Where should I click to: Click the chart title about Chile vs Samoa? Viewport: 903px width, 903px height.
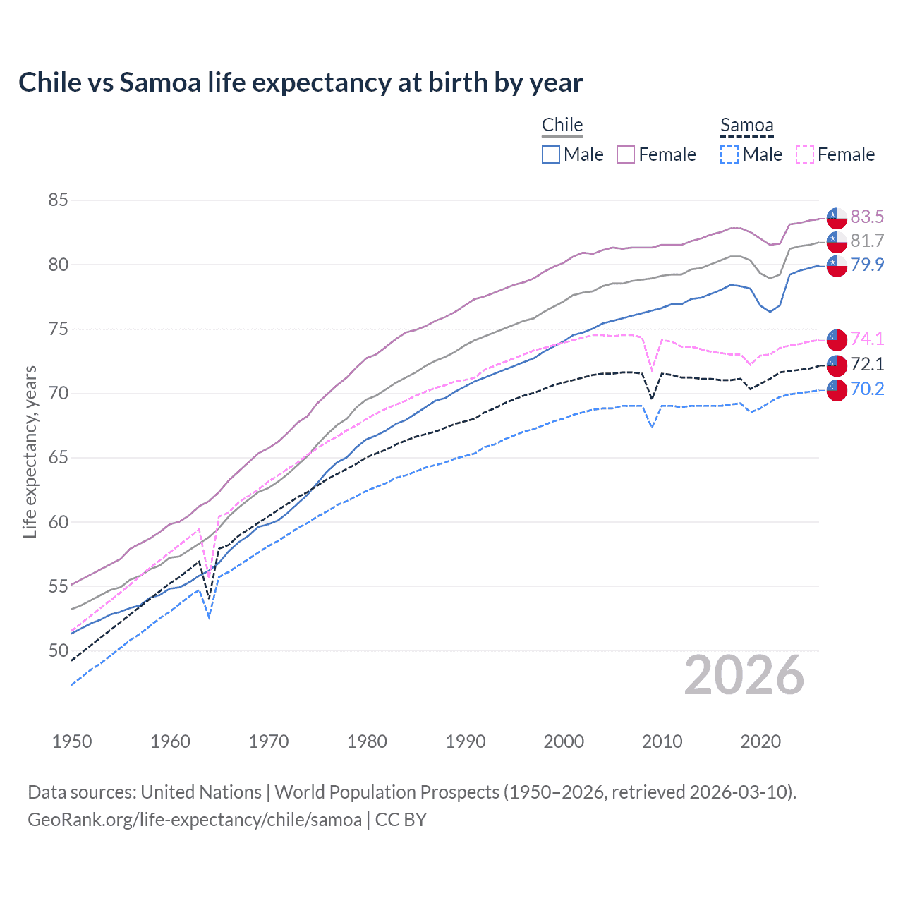[301, 83]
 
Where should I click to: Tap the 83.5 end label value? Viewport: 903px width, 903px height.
[867, 217]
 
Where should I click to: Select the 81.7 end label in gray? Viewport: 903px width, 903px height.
[867, 241]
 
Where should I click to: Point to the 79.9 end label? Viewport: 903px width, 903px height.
[867, 265]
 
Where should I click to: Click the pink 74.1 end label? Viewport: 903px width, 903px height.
[867, 339]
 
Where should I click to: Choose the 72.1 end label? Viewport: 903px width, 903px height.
[867, 364]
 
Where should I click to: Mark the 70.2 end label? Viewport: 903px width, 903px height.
[867, 389]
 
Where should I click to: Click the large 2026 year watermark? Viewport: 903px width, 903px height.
[744, 675]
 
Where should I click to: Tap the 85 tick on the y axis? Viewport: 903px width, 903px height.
[58, 200]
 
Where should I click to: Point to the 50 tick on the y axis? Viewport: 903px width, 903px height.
[58, 650]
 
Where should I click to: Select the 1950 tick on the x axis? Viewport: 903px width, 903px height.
[72, 741]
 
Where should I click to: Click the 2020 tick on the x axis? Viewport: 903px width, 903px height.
[760, 741]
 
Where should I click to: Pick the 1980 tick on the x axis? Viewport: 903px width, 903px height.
[367, 741]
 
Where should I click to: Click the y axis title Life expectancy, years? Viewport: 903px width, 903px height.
[30, 451]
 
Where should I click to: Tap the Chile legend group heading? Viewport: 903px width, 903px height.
[562, 125]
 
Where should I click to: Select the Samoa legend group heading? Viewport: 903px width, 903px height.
[746, 125]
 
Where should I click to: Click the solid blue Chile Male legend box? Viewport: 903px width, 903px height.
[551, 154]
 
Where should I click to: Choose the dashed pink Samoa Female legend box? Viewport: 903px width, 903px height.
[805, 154]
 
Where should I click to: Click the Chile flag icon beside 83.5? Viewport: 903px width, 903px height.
[837, 217]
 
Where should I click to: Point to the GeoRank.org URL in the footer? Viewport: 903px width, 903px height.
[195, 820]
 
